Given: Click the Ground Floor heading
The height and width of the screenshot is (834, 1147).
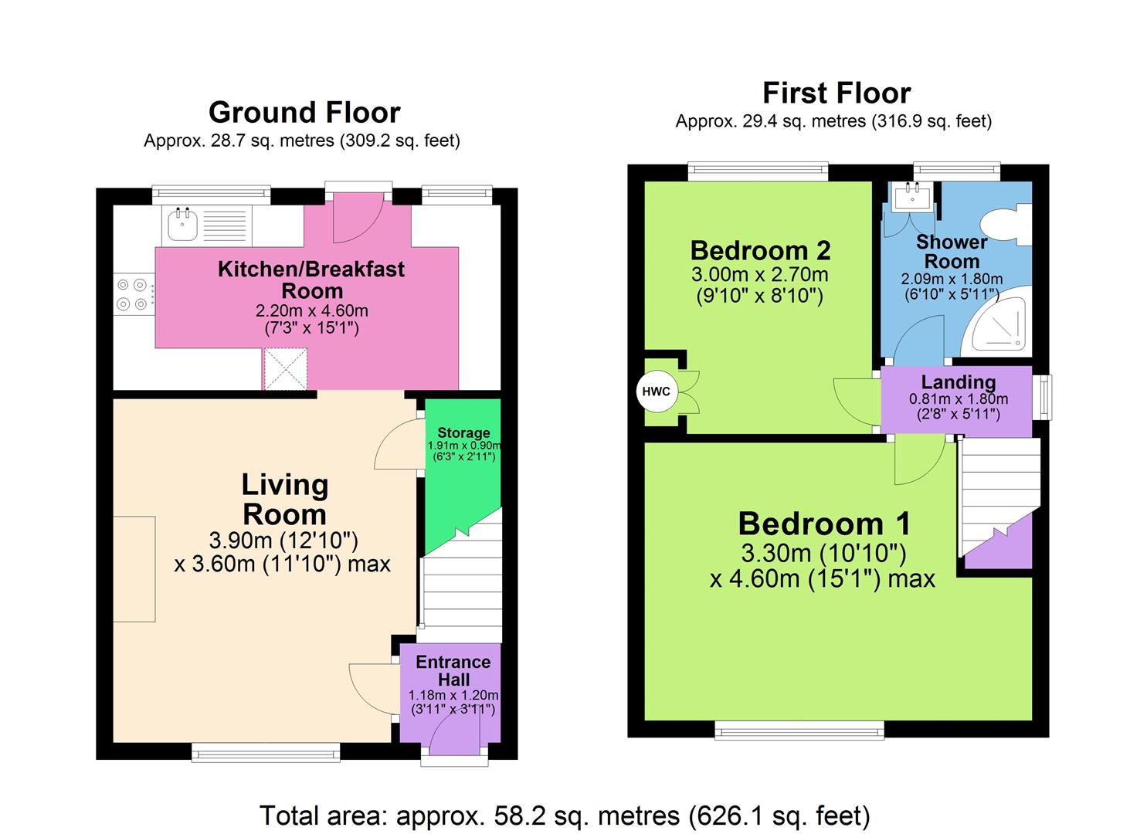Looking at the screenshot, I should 304,113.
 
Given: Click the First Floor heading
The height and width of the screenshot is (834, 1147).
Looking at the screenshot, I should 836,93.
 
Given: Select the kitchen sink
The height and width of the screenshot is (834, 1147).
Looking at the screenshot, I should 182,225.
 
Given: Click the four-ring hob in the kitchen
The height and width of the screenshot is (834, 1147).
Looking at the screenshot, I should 132,294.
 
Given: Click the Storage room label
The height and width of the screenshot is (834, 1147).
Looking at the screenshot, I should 463,432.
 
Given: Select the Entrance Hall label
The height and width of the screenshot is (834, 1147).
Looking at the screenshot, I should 453,671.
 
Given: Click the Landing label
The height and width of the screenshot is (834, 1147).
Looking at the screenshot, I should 958,382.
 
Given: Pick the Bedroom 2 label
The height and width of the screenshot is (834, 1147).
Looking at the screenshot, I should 760,250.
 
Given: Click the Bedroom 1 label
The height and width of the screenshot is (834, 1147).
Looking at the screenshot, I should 824,524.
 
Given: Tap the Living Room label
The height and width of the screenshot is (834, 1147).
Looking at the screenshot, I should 284,500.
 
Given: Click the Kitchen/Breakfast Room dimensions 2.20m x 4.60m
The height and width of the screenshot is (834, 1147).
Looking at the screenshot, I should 311,311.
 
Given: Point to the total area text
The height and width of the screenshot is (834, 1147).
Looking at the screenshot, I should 565,815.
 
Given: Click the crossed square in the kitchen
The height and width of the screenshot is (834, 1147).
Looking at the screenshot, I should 286,368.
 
